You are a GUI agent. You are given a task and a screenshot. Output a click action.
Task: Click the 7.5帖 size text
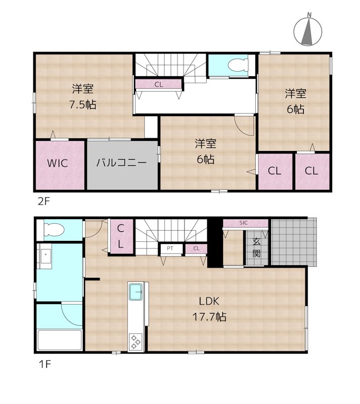pyautogui.click(x=83, y=105)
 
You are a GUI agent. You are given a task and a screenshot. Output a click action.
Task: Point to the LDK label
pyautogui.click(x=208, y=302)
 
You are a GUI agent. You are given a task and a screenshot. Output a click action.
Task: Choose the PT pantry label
pyautogui.click(x=169, y=248)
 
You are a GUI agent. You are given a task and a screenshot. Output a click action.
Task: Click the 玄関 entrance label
pyautogui.click(x=256, y=247)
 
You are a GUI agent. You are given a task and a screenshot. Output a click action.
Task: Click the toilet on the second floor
pyautogui.click(x=236, y=65)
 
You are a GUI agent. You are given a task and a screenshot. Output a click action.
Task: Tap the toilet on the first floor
pyautogui.click(x=54, y=230)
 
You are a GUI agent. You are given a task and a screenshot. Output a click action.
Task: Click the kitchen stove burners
pyautogui.click(x=136, y=341)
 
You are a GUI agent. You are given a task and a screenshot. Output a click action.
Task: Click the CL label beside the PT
pyautogui.click(x=196, y=248)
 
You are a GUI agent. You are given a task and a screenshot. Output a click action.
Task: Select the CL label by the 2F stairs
pyautogui.click(x=159, y=84)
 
